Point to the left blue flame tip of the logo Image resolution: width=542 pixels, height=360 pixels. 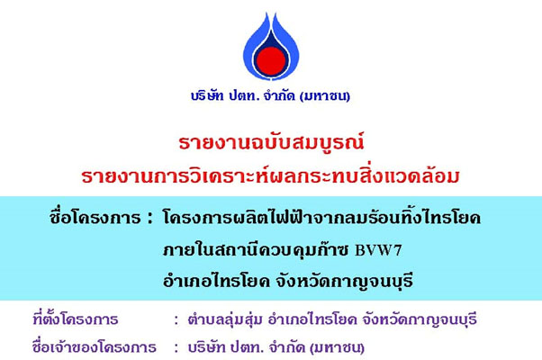[266, 13]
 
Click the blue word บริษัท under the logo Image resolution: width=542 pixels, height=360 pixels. [207, 95]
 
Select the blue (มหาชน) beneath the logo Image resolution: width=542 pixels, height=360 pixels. [325, 96]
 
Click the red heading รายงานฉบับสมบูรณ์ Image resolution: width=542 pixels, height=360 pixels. [271, 141]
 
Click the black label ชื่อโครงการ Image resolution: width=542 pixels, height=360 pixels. [95, 217]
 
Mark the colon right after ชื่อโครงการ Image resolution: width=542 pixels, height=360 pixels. [149, 219]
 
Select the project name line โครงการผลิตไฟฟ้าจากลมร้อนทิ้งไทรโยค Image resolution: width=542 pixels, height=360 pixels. [321, 217]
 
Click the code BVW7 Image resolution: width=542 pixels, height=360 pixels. [378, 250]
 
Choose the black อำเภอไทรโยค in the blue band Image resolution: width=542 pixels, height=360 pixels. [216, 281]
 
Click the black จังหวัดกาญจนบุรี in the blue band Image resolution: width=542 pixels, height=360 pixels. [344, 282]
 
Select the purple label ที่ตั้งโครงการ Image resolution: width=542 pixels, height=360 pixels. [76, 319]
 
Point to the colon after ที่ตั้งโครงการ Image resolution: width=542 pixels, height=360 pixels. [176, 320]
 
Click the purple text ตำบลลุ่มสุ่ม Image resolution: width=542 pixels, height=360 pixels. [225, 319]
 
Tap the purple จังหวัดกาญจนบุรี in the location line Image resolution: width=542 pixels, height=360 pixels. [420, 319]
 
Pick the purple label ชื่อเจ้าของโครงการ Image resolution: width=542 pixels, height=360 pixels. [94, 346]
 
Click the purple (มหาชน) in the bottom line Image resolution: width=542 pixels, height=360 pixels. [337, 347]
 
